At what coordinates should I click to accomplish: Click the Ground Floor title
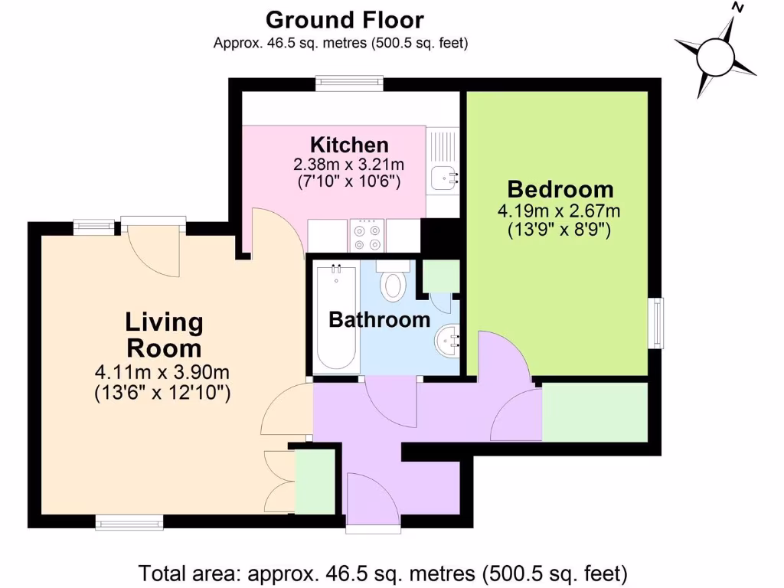point(344,19)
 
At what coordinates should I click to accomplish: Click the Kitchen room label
point(349,144)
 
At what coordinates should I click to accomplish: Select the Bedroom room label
point(560,188)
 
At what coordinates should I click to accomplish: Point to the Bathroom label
point(379,319)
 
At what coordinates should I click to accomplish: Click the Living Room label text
point(164,335)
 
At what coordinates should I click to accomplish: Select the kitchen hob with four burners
point(367,235)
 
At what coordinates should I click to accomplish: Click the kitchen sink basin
point(443,178)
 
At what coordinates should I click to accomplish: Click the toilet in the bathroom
point(394,283)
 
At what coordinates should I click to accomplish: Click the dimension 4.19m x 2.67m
point(559,211)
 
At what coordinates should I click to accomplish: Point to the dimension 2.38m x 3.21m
point(349,164)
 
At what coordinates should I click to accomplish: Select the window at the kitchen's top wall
point(350,83)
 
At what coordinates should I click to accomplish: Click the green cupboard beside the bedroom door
point(595,413)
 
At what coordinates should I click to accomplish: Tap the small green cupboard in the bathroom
point(440,276)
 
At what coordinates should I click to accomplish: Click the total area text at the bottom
point(383,572)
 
